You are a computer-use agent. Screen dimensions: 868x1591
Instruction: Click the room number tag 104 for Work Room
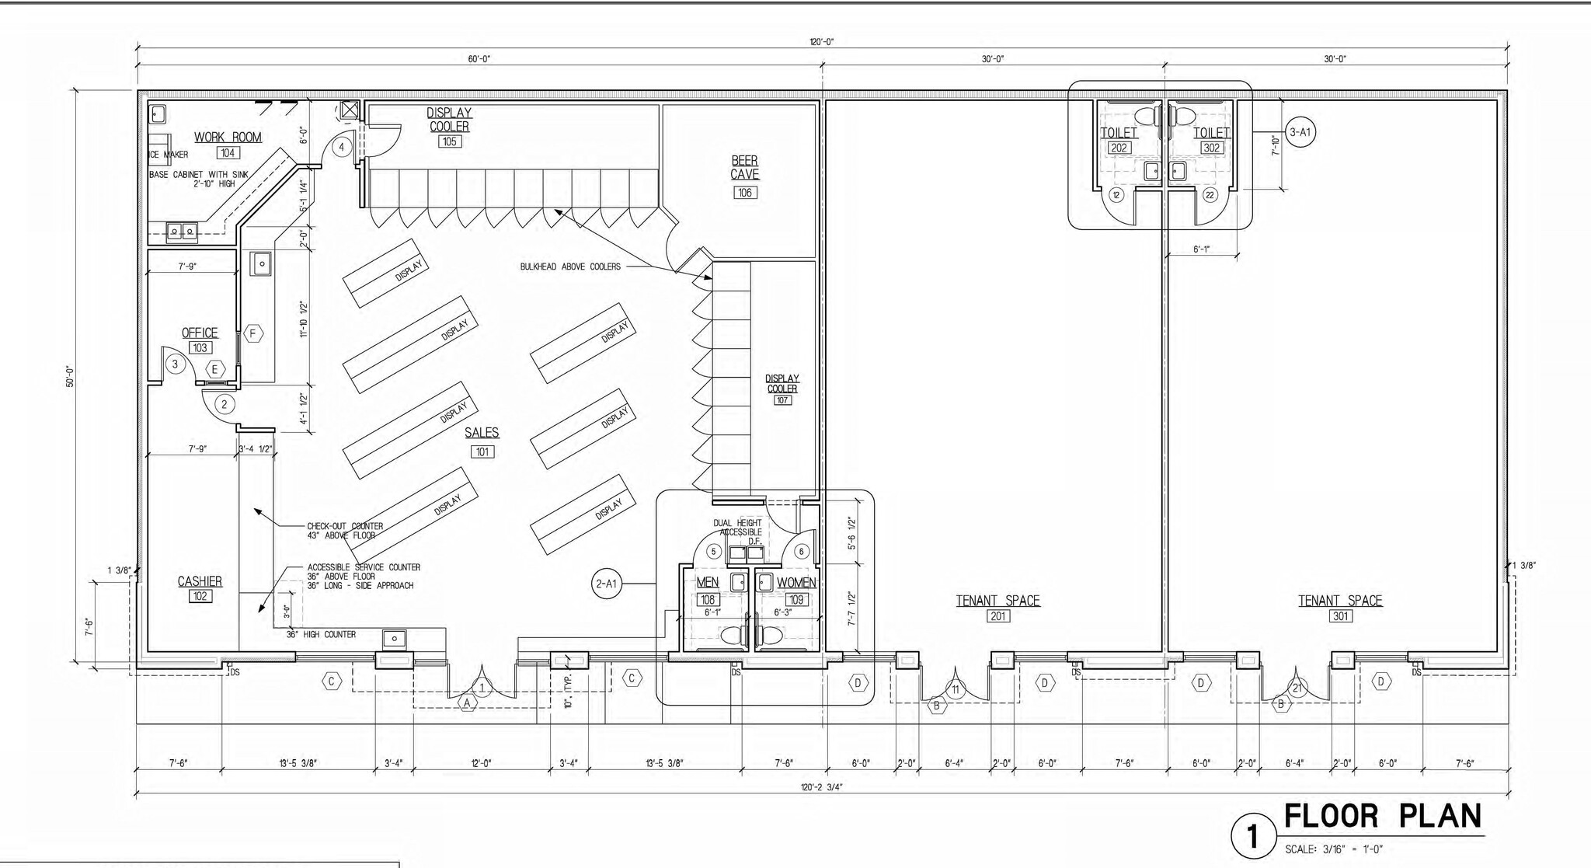click(227, 153)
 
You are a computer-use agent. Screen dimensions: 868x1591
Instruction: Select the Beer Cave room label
click(744, 168)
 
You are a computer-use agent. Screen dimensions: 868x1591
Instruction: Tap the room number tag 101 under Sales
click(482, 451)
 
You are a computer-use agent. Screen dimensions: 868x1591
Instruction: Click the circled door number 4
click(341, 147)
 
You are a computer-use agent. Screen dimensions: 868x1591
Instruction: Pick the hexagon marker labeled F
click(252, 333)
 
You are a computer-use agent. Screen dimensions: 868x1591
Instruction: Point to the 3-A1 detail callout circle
click(1300, 132)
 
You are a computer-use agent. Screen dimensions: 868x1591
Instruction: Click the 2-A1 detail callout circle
click(606, 584)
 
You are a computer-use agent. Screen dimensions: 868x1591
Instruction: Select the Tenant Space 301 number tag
click(1340, 616)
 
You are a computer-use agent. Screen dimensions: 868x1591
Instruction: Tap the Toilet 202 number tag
click(1119, 148)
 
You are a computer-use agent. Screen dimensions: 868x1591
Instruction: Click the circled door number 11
click(956, 689)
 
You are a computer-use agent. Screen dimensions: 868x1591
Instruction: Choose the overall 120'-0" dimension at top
click(821, 43)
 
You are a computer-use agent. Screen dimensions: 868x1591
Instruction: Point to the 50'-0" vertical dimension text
click(70, 376)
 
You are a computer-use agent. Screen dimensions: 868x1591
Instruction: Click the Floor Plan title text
click(1382, 817)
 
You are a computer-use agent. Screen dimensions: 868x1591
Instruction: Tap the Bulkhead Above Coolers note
click(570, 267)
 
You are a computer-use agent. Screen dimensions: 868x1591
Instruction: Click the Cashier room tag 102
click(200, 596)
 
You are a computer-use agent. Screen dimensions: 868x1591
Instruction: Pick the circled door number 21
click(1297, 688)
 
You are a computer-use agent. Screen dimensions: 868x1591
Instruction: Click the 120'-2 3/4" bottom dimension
click(821, 786)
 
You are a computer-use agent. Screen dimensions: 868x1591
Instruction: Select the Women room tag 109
click(796, 600)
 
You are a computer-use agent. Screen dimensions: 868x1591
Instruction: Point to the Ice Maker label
click(169, 155)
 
